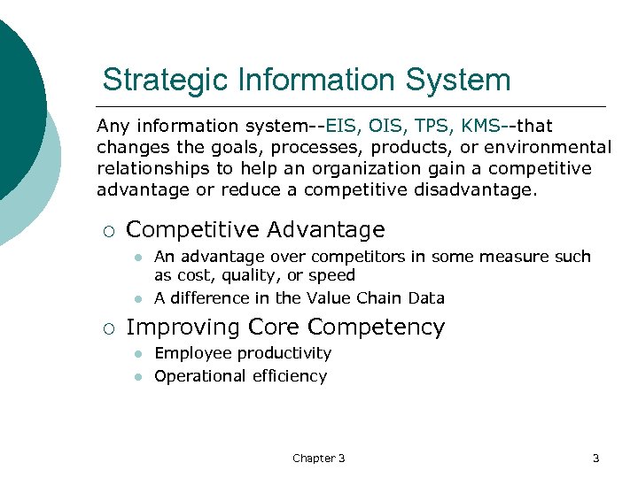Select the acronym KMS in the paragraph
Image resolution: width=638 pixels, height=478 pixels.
click(481, 127)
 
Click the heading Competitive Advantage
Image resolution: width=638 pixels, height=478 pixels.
click(255, 230)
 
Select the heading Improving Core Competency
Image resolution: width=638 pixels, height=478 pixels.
click(285, 328)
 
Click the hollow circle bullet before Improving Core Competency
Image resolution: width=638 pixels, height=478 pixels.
click(107, 328)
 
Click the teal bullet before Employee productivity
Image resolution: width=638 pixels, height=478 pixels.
click(138, 354)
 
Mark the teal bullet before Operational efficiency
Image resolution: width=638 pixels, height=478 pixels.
click(138, 377)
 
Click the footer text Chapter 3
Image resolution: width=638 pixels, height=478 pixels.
click(318, 458)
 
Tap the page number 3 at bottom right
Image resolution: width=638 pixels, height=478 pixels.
click(595, 458)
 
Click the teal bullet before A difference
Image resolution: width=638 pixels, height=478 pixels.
click(138, 299)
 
